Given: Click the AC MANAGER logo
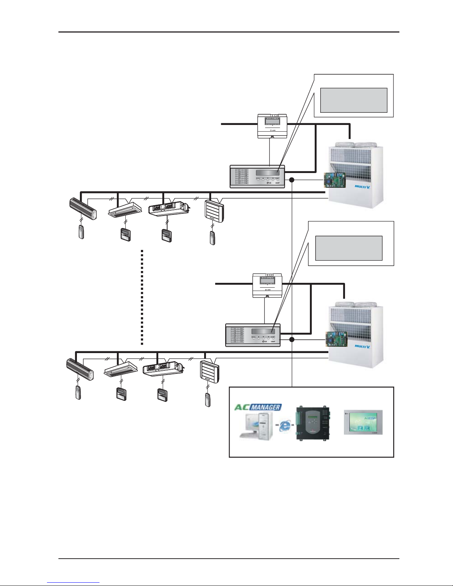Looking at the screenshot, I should click(258, 407).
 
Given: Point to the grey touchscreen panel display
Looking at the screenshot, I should click(363, 422).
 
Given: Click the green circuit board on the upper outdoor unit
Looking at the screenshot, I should click(335, 180).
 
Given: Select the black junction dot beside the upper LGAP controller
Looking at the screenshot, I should click(291, 180).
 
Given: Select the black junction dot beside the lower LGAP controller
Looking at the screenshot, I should click(291, 339).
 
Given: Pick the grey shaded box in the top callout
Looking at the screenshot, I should click(353, 100).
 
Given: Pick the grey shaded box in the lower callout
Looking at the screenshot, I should click(348, 248).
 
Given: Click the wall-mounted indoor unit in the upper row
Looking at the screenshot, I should click(83, 209).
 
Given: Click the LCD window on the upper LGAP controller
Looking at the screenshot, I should click(268, 173).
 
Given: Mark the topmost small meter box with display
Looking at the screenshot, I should click(272, 126).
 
